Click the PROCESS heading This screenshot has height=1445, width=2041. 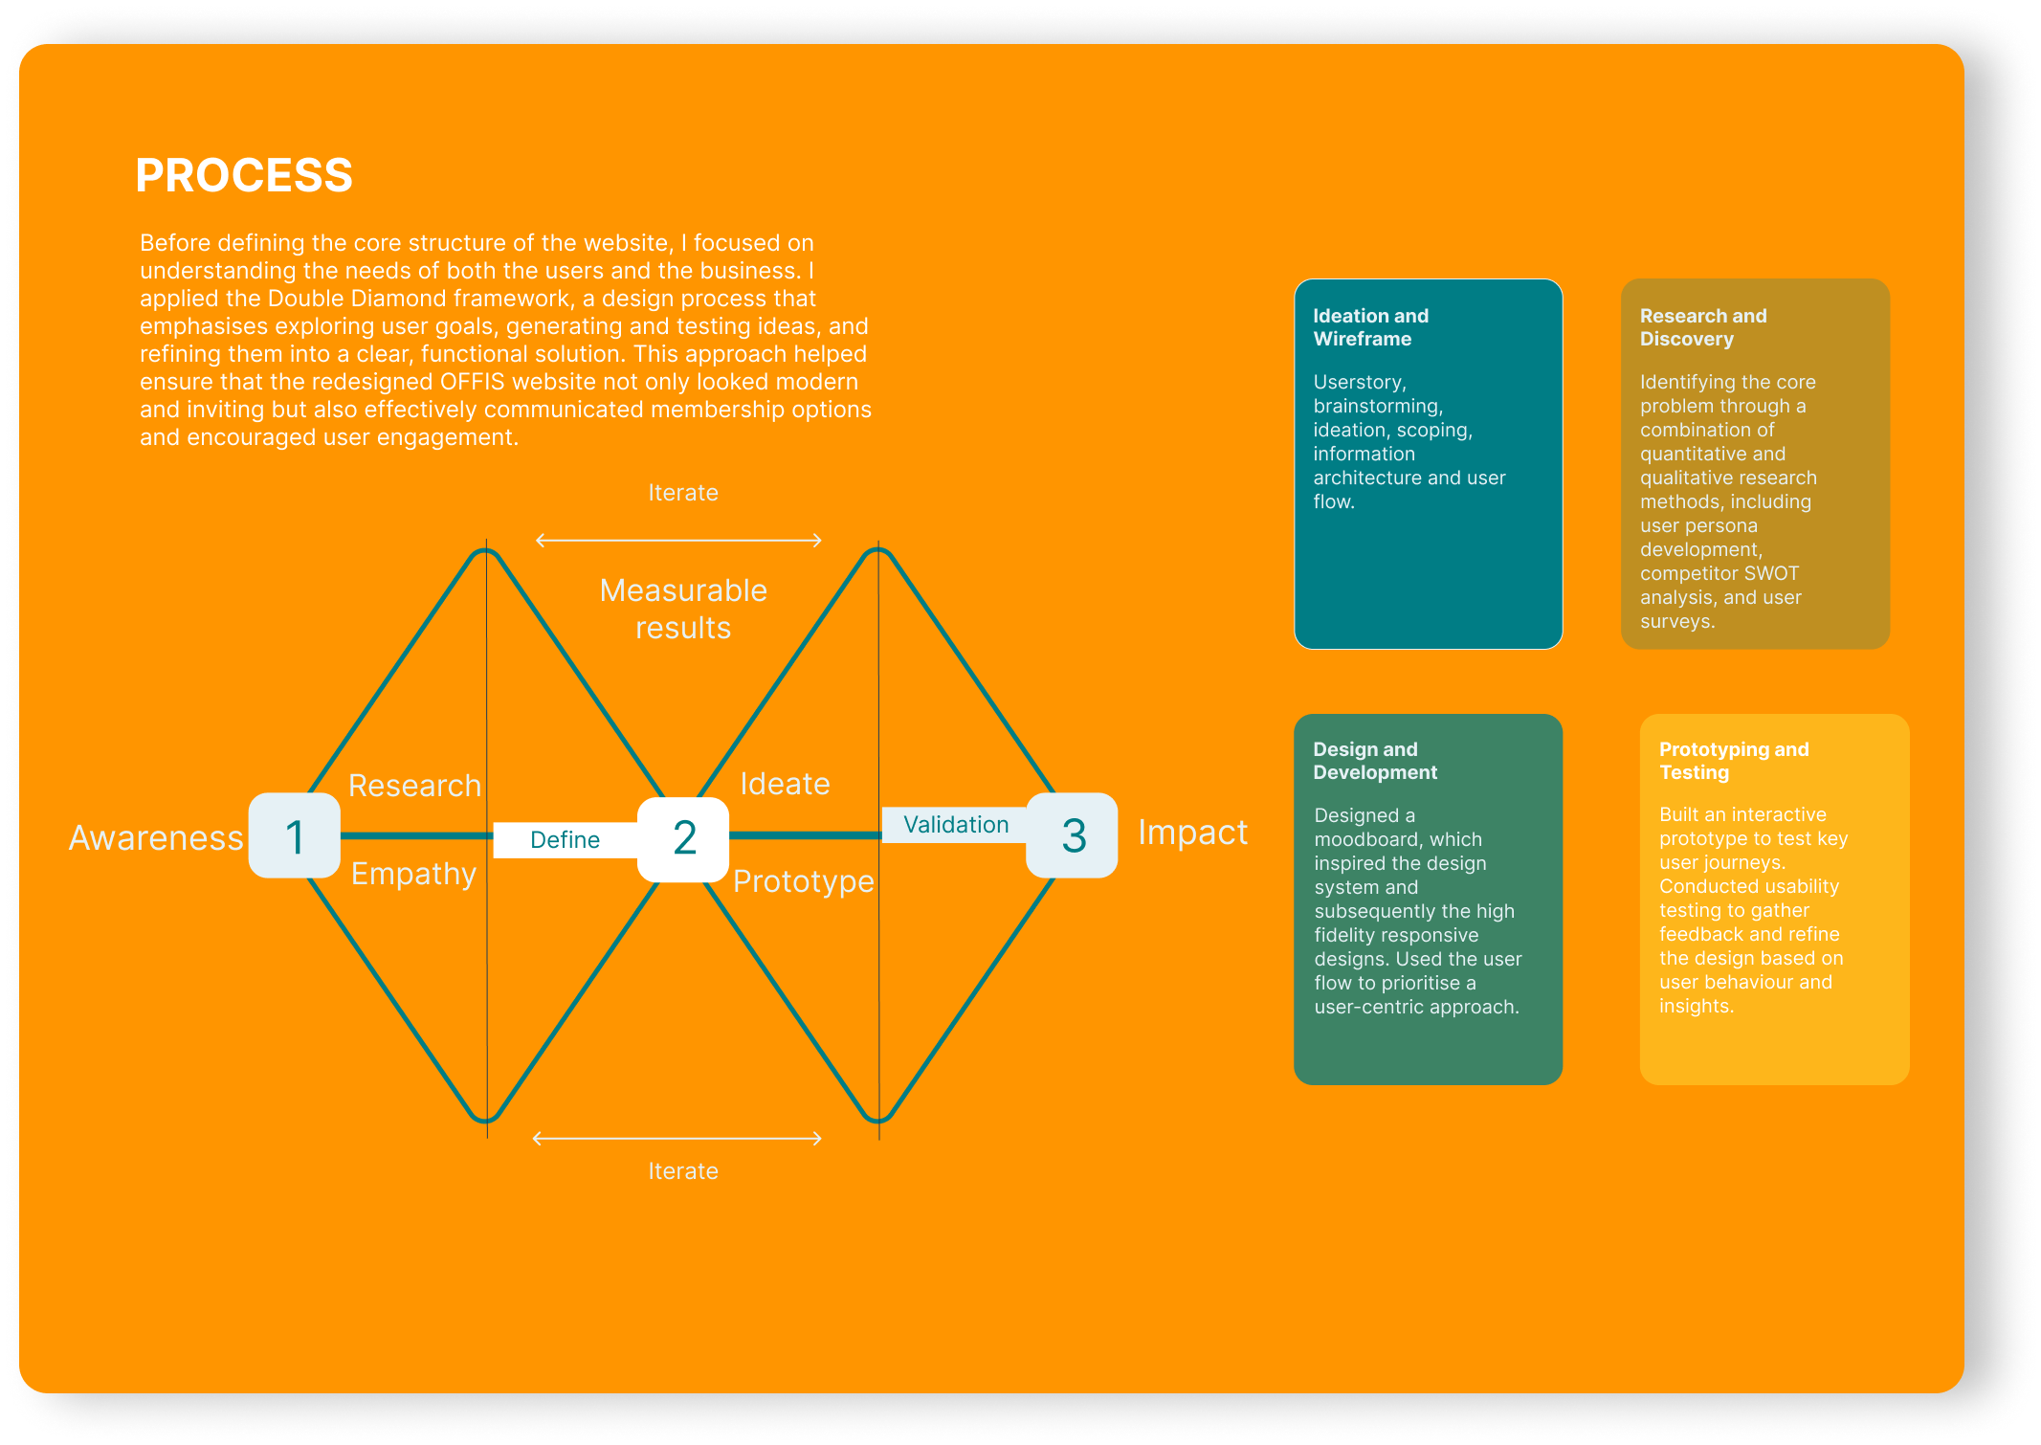pyautogui.click(x=244, y=175)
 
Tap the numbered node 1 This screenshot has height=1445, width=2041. pyautogui.click(x=295, y=836)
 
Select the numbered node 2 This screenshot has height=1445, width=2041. pyautogui.click(x=683, y=838)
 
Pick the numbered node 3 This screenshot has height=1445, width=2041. pyautogui.click(x=1073, y=835)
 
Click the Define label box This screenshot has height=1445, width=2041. pyautogui.click(x=565, y=840)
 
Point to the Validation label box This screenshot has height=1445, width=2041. pyautogui.click(x=955, y=825)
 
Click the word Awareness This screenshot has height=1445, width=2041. pyautogui.click(x=156, y=838)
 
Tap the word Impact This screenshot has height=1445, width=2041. pyautogui.click(x=1192, y=833)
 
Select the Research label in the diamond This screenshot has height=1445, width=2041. pyautogui.click(x=414, y=786)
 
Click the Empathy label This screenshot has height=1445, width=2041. pyautogui.click(x=413, y=874)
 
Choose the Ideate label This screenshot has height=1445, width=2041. pyautogui.click(x=785, y=784)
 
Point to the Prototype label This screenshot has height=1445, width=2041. pyautogui.click(x=803, y=881)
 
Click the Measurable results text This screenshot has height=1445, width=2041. pyautogui.click(x=683, y=609)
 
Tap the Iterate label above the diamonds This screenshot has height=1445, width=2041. pyautogui.click(x=683, y=493)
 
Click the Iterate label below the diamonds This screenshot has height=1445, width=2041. pyautogui.click(x=683, y=1171)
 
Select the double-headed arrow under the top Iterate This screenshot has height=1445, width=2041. pyautogui.click(x=678, y=541)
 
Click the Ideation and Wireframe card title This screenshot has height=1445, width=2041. pyautogui.click(x=1370, y=327)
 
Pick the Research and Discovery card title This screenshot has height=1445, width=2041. pyautogui.click(x=1703, y=327)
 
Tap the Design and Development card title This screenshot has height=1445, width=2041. pyautogui.click(x=1374, y=761)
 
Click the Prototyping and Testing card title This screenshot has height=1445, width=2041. pyautogui.click(x=1734, y=761)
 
